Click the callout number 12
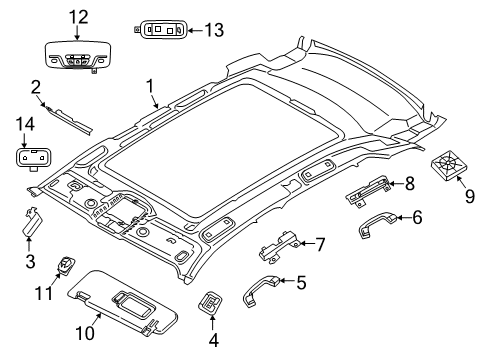pos(78,16)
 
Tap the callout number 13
pos(213,30)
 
